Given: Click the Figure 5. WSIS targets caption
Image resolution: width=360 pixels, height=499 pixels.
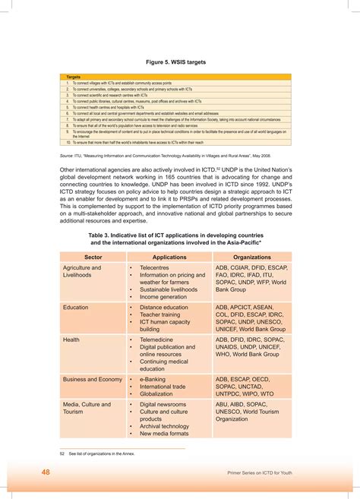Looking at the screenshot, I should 179,62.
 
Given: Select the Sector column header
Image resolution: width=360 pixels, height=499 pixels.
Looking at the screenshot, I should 93,258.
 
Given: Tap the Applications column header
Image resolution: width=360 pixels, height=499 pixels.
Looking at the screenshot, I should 169,258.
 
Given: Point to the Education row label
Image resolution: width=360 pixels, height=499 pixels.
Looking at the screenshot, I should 75,308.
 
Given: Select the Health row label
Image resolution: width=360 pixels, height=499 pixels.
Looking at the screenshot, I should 71,340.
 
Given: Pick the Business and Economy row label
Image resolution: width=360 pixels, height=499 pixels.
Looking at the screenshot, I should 92,379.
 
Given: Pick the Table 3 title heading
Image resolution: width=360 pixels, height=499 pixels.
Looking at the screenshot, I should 179,240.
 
